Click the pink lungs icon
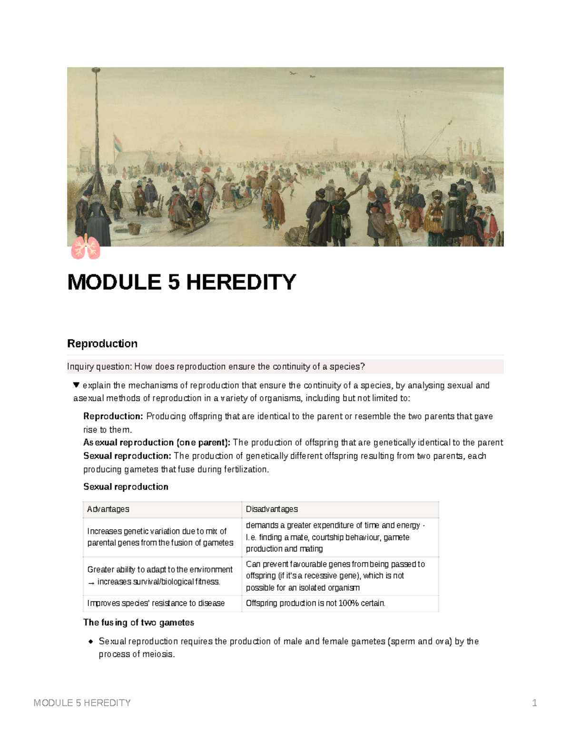pos(86,247)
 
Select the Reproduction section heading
pos(102,344)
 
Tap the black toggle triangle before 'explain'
pos(76,385)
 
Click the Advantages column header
pos(108,509)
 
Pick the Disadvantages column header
pos(272,509)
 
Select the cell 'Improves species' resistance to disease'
pos(156,603)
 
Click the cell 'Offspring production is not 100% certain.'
pos(315,603)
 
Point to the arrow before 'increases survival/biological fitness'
pos(91,582)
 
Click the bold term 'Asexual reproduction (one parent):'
pos(157,443)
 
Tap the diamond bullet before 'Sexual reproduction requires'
pos(90,641)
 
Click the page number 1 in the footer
pos(534,703)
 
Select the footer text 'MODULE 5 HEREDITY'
pos(82,703)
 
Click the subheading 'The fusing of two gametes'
pos(138,622)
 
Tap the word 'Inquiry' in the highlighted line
pos(80,366)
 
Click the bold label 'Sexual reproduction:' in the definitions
pos(127,456)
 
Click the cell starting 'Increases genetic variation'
pos(160,537)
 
